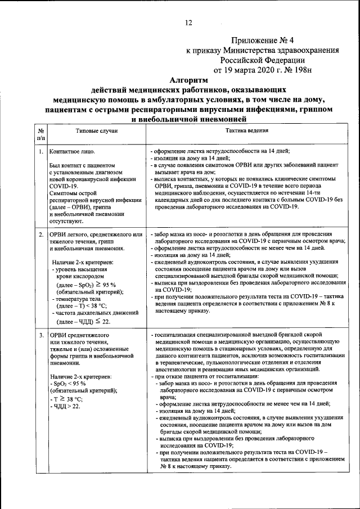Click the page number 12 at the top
(188, 22)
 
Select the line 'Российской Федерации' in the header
(263, 60)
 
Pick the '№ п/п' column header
(41, 134)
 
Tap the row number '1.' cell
(41, 152)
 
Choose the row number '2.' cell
(41, 233)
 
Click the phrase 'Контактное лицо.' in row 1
(72, 152)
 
